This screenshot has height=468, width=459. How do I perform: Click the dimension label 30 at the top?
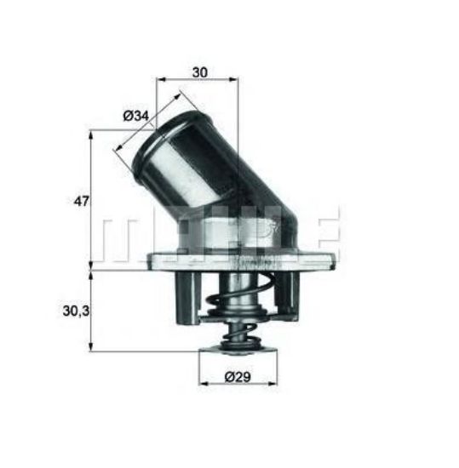[x=199, y=71]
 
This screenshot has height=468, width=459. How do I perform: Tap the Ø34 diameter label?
[x=136, y=116]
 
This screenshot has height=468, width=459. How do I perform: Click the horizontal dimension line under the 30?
[x=198, y=82]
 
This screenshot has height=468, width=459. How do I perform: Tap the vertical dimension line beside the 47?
[x=91, y=200]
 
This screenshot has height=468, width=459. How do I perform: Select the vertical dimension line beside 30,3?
[x=91, y=311]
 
